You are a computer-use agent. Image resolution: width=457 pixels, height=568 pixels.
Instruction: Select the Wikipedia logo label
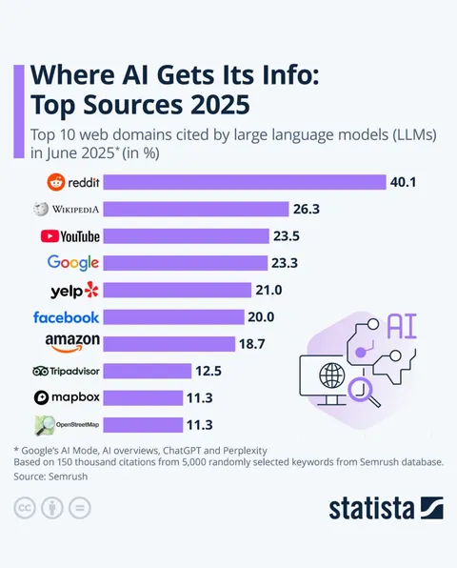click(x=67, y=209)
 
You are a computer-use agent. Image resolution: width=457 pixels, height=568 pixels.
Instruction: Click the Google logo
click(x=72, y=263)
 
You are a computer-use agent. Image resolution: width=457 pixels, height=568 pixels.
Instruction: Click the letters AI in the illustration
click(x=402, y=327)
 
